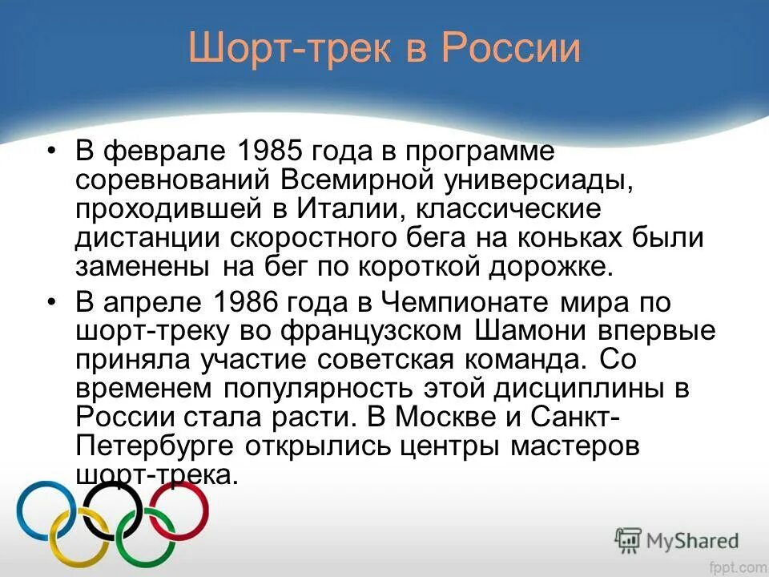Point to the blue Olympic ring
tap(46, 510)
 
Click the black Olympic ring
tap(113, 510)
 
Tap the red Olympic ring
tap(179, 510)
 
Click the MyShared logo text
tap(690, 540)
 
